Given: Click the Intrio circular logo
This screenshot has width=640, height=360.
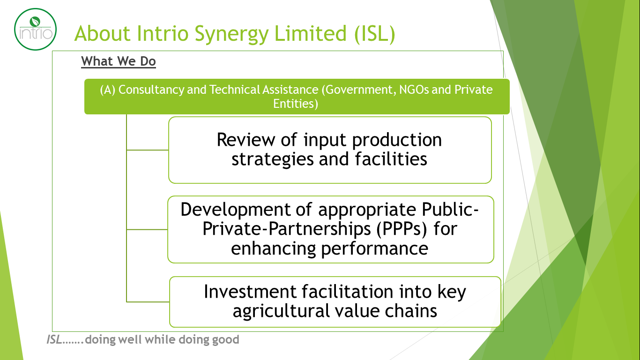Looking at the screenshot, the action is click(x=36, y=29).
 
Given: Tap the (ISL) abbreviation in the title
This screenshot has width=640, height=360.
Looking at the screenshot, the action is click(x=374, y=34).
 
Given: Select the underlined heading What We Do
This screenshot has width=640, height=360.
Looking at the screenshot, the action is click(x=118, y=61).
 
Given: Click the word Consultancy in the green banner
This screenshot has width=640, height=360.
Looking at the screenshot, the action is click(x=151, y=90).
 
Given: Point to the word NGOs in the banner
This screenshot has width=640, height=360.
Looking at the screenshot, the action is click(x=414, y=90).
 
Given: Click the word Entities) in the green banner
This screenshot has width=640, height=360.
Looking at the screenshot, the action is click(x=296, y=104).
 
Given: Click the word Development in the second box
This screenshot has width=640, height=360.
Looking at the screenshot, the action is click(x=235, y=210).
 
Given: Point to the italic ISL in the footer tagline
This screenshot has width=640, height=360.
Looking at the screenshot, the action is click(x=54, y=340).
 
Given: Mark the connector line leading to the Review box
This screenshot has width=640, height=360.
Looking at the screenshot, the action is click(x=148, y=150).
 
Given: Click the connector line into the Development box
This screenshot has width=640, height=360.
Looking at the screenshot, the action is click(x=147, y=229).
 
